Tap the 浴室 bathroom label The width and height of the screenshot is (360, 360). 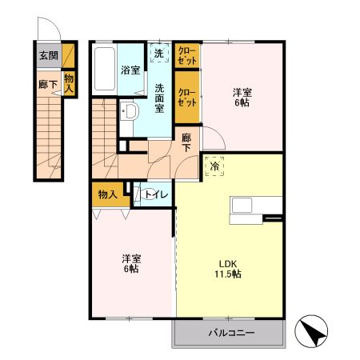click(130, 70)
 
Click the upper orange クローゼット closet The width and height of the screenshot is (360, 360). click(187, 55)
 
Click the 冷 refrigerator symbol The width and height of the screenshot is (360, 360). click(214, 167)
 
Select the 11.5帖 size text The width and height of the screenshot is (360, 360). click(227, 274)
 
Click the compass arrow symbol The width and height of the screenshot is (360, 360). click(315, 332)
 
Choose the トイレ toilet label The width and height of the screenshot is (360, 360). click(155, 194)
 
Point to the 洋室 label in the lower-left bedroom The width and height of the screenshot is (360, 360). click(132, 258)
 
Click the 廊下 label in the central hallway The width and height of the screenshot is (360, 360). click(186, 142)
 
